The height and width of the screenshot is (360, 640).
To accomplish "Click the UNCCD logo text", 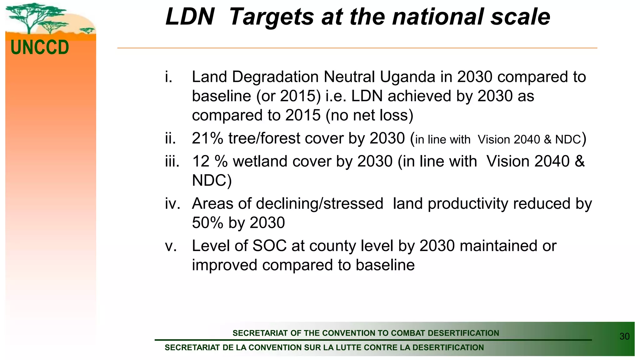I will click(x=40, y=47).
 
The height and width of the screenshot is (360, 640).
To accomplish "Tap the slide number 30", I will click(x=624, y=336).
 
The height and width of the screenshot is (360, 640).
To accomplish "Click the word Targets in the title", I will click(x=272, y=17).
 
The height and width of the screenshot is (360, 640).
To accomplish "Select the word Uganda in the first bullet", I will click(x=407, y=77).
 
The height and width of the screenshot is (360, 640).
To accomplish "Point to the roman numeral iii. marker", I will click(x=172, y=162).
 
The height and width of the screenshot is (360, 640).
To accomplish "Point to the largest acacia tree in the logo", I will click(x=30, y=16).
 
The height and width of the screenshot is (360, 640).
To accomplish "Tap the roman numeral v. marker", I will click(x=171, y=246).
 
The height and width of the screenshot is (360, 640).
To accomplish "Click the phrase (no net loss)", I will click(x=369, y=115).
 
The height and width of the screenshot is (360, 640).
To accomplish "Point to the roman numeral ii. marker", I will click(x=170, y=138).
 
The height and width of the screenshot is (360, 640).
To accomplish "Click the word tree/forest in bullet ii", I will click(x=264, y=138).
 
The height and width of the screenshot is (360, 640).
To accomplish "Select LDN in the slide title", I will click(x=190, y=17).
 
